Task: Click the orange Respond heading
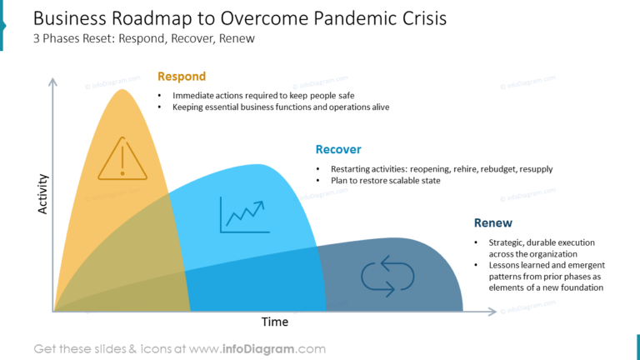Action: (181, 77)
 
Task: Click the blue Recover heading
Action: (337, 150)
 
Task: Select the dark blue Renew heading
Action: (492, 223)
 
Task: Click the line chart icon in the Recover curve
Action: (242, 214)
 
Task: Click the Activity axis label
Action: (43, 194)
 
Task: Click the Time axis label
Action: (275, 322)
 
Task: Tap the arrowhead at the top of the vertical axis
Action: (53, 82)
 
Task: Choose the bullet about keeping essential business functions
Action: (281, 107)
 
